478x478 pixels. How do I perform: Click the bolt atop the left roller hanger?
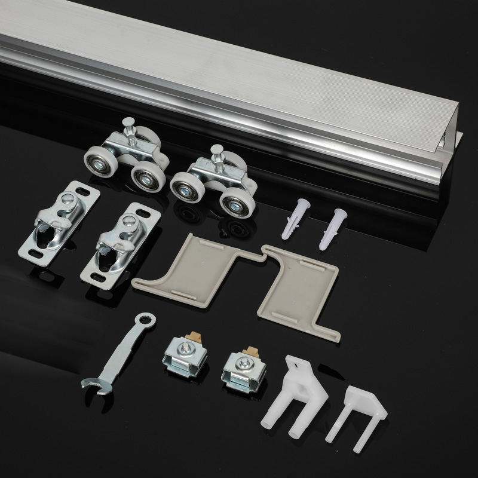point(129,127)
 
